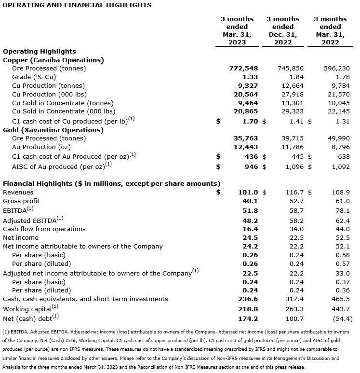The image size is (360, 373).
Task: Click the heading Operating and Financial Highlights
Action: [x=77, y=5]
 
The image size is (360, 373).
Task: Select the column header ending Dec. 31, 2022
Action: [x=283, y=30]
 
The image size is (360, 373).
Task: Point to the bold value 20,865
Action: [x=246, y=112]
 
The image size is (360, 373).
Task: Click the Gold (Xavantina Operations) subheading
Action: [x=53, y=130]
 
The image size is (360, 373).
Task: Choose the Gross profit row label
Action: [x=21, y=201]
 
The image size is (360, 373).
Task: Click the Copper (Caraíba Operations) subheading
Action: [x=53, y=60]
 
